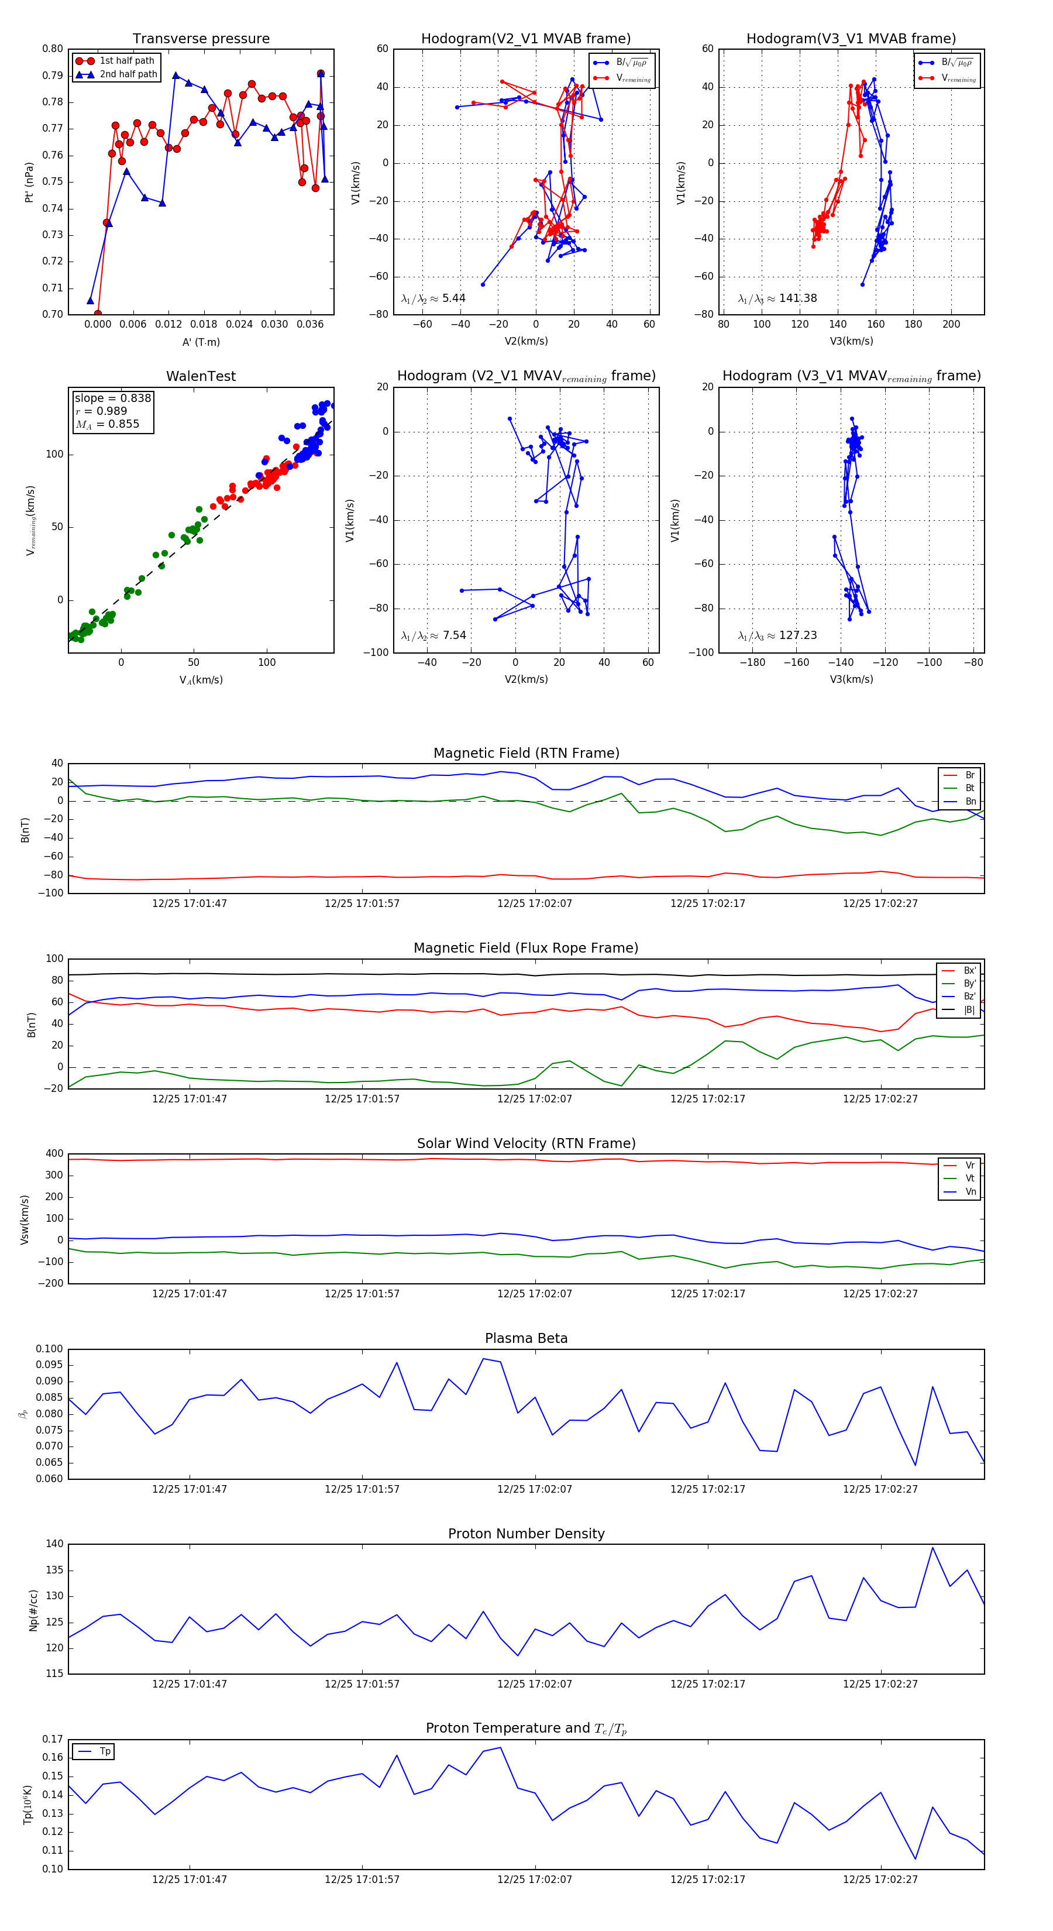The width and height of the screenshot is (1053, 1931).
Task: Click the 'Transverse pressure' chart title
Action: tap(201, 39)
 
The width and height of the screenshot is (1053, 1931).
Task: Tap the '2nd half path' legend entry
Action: tap(128, 74)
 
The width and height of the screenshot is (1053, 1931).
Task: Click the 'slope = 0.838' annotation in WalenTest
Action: tap(112, 398)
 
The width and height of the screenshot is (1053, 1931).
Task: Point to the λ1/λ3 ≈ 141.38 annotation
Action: tap(777, 298)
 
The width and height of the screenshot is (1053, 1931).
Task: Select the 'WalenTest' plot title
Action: tap(201, 376)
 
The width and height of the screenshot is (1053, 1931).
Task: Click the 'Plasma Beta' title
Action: tap(526, 1338)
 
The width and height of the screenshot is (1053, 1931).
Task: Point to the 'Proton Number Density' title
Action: tap(526, 1534)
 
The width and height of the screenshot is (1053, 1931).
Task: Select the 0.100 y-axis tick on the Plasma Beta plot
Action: tap(50, 1349)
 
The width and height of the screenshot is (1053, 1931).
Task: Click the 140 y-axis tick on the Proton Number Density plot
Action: tap(54, 1544)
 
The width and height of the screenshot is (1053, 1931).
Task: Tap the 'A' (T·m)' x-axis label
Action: tap(201, 342)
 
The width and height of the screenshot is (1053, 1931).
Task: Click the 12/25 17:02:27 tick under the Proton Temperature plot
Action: tap(880, 1880)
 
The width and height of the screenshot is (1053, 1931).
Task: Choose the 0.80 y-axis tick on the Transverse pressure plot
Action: tap(53, 49)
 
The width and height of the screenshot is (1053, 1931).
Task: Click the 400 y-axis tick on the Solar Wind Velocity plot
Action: tap(54, 1154)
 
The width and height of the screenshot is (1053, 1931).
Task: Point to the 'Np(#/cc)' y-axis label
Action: tap(33, 1609)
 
